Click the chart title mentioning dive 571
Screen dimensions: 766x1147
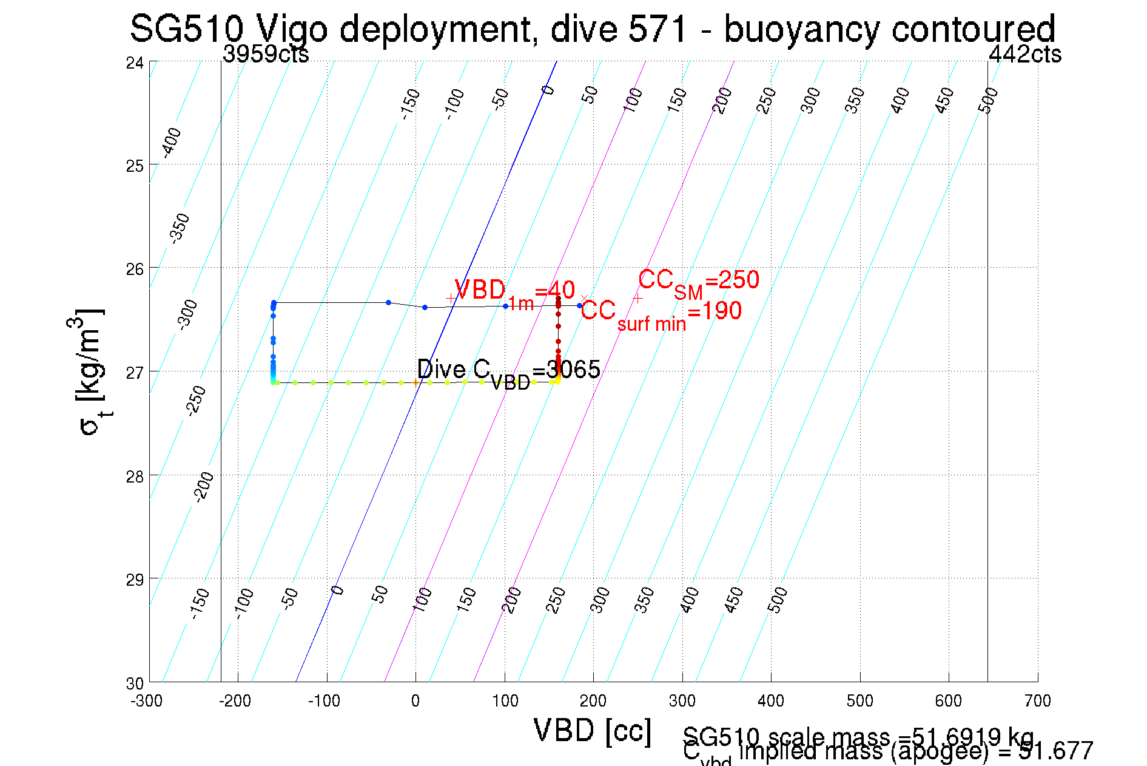tap(592, 28)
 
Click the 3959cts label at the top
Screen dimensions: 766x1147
tap(266, 55)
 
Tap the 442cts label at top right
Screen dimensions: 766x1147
tap(1024, 55)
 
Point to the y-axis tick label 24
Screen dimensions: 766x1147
tap(135, 63)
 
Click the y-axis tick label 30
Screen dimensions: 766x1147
tap(135, 683)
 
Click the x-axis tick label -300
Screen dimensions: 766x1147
tap(146, 701)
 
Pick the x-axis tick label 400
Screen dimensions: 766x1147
tap(771, 701)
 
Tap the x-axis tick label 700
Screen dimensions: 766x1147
tap(1037, 701)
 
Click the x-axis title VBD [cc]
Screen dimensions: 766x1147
tap(593, 730)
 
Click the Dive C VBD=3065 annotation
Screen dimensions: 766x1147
tap(508, 371)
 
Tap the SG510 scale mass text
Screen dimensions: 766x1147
tap(858, 737)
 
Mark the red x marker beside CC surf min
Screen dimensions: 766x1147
tap(584, 298)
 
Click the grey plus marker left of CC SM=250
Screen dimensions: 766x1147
tap(637, 298)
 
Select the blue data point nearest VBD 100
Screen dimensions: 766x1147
tap(505, 306)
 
